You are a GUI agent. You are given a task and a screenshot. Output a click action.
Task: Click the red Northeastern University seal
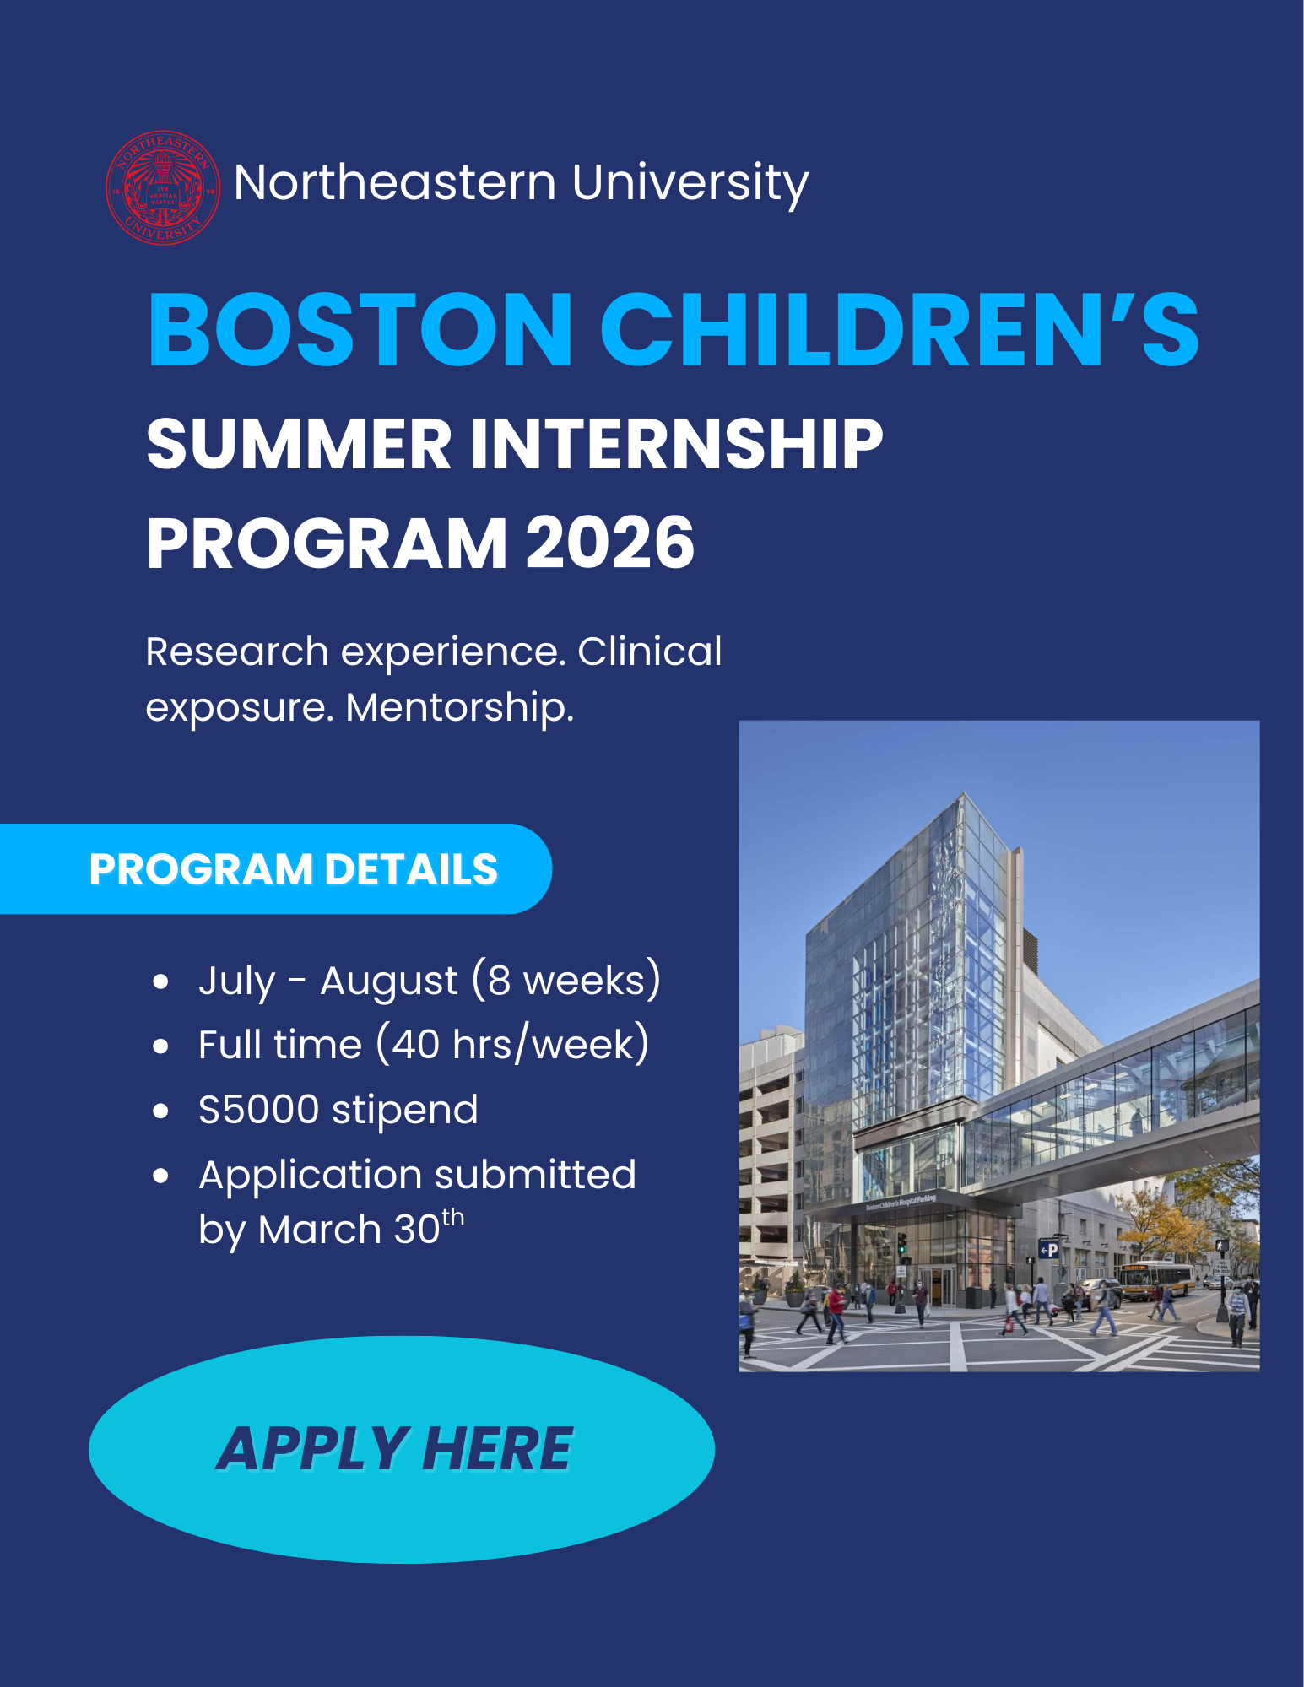(163, 187)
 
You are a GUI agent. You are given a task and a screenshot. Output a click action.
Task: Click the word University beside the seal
(690, 183)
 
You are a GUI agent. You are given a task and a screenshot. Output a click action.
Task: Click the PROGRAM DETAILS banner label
(294, 869)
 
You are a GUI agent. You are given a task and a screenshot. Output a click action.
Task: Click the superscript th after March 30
(453, 1218)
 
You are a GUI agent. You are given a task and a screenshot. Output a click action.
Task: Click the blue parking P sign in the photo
(1048, 1250)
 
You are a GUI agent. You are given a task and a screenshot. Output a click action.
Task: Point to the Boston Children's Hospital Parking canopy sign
(901, 1203)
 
